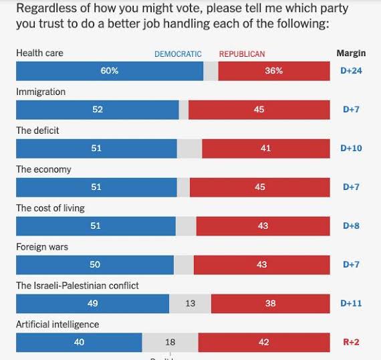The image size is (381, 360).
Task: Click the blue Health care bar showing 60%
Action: pyautogui.click(x=110, y=71)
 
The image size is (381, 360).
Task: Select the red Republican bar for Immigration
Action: pyautogui.click(x=259, y=110)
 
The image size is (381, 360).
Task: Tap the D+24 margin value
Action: pyautogui.click(x=351, y=71)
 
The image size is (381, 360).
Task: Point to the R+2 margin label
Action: pyautogui.click(x=351, y=342)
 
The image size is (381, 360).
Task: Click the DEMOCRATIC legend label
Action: pyautogui.click(x=178, y=54)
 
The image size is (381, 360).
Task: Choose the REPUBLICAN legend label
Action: pyautogui.click(x=242, y=54)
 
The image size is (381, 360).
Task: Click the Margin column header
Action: pyautogui.click(x=351, y=54)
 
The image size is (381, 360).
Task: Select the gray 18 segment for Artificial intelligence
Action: pyautogui.click(x=170, y=342)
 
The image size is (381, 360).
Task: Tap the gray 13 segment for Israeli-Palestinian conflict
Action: pyautogui.click(x=190, y=304)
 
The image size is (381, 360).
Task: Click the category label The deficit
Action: pyautogui.click(x=37, y=130)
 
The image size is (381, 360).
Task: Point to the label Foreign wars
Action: pyautogui.click(x=42, y=247)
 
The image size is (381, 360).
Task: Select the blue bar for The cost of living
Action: pyautogui.click(x=96, y=226)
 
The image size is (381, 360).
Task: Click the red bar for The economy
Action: pyautogui.click(x=260, y=187)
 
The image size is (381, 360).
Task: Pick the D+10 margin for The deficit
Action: pyautogui.click(x=351, y=149)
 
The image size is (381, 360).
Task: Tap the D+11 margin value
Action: pyautogui.click(x=351, y=304)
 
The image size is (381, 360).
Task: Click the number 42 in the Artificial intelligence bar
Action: pyautogui.click(x=263, y=342)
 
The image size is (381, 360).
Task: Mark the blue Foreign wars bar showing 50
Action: pyautogui.click(x=95, y=265)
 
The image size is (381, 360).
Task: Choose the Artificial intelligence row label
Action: pyautogui.click(x=57, y=325)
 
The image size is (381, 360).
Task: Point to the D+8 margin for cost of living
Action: pyautogui.click(x=351, y=226)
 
